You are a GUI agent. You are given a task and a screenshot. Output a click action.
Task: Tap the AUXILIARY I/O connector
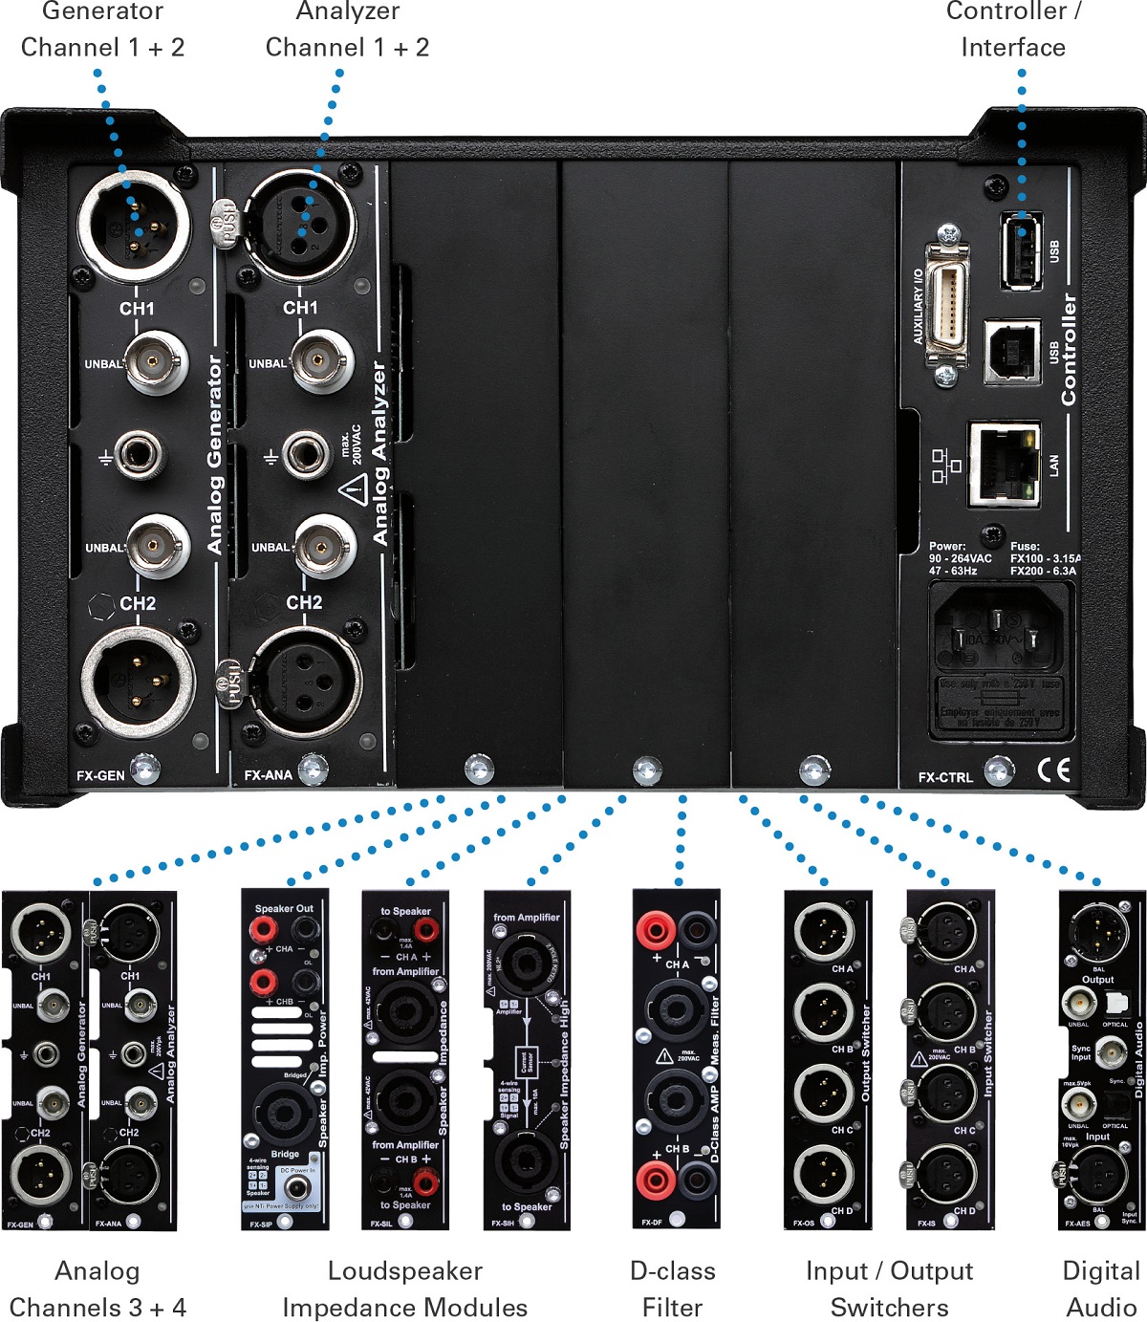(x=946, y=305)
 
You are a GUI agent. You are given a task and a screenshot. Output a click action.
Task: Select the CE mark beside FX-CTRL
(x=1053, y=770)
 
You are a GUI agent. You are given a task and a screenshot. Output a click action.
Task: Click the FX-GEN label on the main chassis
(x=100, y=775)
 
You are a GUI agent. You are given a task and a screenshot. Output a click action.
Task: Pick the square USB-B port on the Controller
(x=1012, y=352)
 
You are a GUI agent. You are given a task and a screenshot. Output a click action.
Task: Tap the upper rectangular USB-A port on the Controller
(x=1021, y=250)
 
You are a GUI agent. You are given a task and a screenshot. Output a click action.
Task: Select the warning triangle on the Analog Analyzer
(x=354, y=491)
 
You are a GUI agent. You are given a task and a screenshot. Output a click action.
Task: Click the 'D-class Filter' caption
(x=673, y=1289)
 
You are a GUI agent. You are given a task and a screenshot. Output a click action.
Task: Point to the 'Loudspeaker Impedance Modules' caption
(x=404, y=1289)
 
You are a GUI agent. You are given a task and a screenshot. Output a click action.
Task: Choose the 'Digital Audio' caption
(x=1101, y=1289)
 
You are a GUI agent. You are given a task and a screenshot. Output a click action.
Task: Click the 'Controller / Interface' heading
(x=1013, y=30)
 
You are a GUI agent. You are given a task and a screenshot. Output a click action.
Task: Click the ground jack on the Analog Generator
(x=140, y=455)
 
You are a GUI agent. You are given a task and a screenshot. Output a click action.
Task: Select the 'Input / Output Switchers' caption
(x=889, y=1289)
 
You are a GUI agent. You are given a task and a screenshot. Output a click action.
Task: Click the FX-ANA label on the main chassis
(x=268, y=775)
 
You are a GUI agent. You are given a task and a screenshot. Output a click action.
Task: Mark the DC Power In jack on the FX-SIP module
(x=298, y=1188)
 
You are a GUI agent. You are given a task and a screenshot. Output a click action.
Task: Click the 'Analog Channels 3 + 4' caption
(x=97, y=1289)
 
